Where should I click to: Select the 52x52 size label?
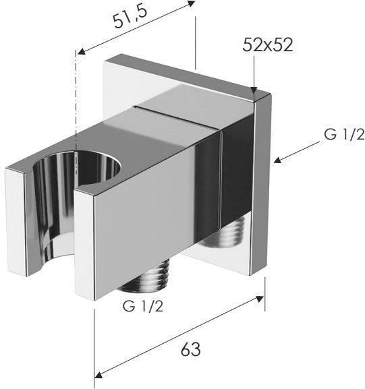coord(269,46)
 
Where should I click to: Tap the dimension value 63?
coord(190,349)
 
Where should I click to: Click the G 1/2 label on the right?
coord(343,134)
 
